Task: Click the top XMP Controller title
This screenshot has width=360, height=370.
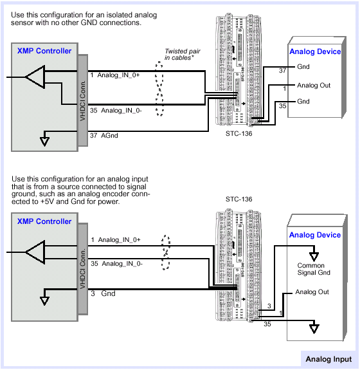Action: (44, 51)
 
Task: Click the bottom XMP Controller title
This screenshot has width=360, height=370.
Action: (44, 221)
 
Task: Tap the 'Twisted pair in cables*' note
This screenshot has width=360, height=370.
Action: (182, 55)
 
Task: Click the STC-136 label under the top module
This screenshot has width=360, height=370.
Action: (239, 134)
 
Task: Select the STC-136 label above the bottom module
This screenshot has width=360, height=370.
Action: (239, 199)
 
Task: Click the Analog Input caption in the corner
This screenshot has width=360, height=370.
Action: (328, 359)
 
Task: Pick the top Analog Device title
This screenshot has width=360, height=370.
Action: (315, 51)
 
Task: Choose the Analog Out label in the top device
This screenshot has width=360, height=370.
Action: (314, 86)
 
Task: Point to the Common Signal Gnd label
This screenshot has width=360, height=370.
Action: (314, 269)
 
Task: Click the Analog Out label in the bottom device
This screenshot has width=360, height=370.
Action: (312, 292)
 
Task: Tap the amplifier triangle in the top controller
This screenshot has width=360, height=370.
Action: (35, 77)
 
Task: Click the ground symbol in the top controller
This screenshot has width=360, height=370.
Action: (44, 142)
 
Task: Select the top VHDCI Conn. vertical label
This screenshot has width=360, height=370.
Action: (82, 101)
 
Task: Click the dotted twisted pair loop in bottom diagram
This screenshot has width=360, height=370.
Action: (166, 252)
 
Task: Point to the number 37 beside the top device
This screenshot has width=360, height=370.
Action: (282, 71)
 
